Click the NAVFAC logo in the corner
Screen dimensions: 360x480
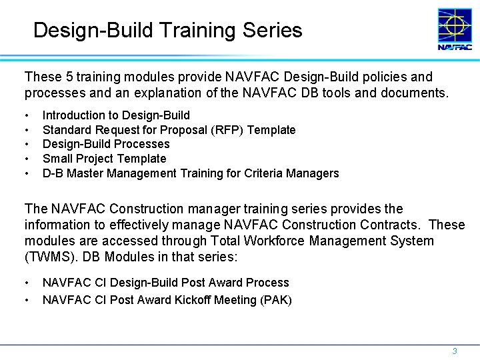point(455,29)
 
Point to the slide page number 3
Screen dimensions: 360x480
point(455,351)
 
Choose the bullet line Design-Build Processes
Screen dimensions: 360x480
point(106,144)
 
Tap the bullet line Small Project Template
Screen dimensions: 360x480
point(104,159)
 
